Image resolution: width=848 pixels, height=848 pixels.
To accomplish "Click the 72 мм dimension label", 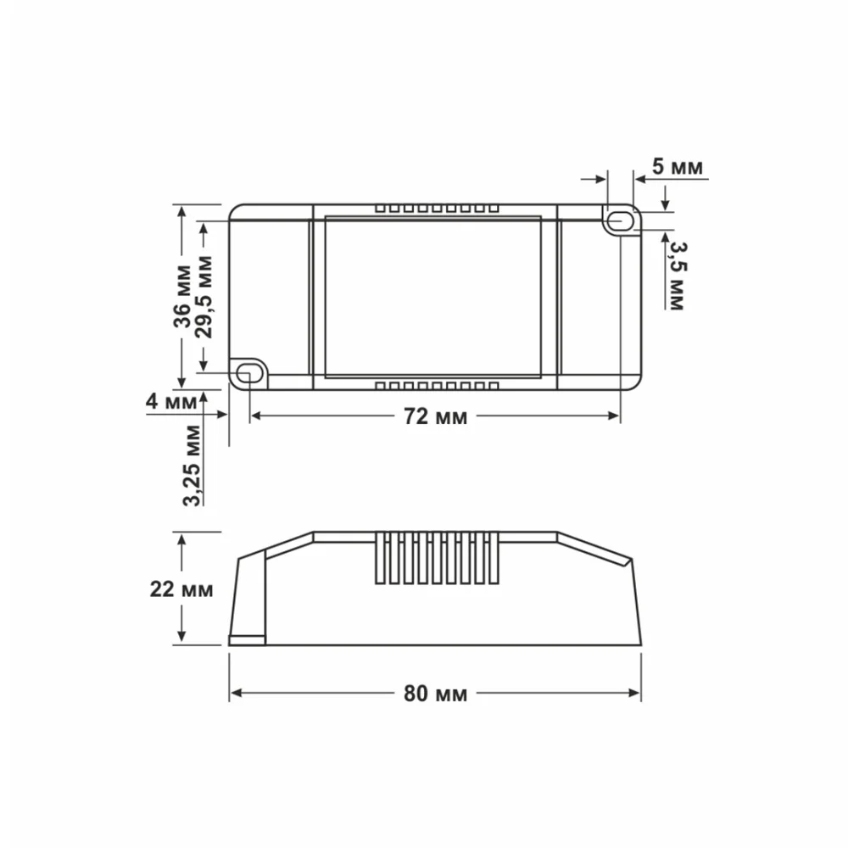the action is click(435, 416).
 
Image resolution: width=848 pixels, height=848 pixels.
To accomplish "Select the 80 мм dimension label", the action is click(435, 694).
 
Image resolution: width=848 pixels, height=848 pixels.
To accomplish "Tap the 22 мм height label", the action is click(181, 589).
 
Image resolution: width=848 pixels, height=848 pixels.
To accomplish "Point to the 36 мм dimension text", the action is click(183, 296).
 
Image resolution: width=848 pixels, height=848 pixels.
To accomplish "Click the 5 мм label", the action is click(677, 166).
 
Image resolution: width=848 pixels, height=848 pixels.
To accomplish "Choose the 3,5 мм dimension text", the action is click(677, 276).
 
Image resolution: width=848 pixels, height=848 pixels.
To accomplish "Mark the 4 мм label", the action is click(171, 402).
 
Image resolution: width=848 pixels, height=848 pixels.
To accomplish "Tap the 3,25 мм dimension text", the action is click(192, 466).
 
